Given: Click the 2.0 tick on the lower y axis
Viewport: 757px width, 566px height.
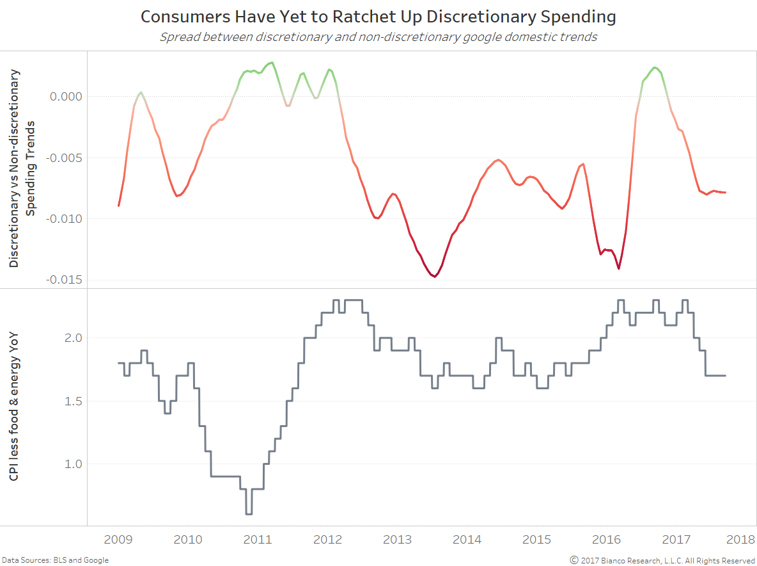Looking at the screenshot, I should coord(73,337).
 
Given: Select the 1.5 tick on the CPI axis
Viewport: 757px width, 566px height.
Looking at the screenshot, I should coord(73,401).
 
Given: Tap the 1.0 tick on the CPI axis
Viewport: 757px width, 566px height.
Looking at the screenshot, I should coord(73,464).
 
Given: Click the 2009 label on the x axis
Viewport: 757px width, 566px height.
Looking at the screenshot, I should coord(119,539).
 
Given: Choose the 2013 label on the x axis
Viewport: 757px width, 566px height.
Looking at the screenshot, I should coord(396,539).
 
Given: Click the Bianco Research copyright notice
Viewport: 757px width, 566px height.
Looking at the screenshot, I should coord(663,560).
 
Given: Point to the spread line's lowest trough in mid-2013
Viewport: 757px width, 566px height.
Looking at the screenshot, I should coord(435,277).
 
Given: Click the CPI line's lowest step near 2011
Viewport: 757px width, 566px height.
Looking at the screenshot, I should coord(249,513).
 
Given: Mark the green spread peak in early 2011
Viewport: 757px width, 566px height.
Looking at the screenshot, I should coord(272,63).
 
